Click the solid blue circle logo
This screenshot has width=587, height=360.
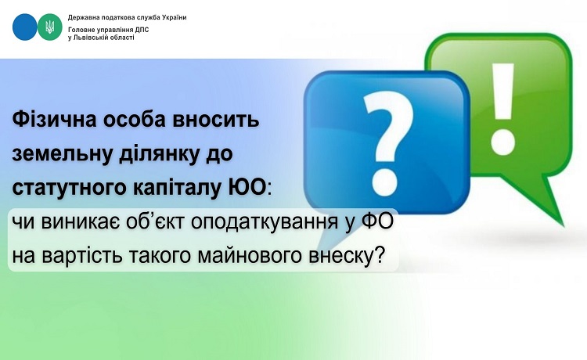pos(25,27)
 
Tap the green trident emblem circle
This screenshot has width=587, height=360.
pos(50,27)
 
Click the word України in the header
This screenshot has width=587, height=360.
pos(174,17)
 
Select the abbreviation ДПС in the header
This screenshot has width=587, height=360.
pos(142,30)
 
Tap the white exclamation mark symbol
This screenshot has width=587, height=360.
pos(502,106)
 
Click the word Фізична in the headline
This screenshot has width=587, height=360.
pos(55,121)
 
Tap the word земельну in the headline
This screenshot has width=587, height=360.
pos(63,154)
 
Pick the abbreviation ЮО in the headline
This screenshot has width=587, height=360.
pos(247,187)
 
